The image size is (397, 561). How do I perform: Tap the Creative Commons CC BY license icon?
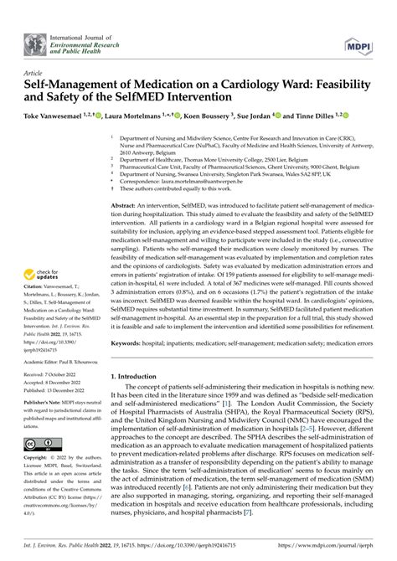[x=41, y=445]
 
